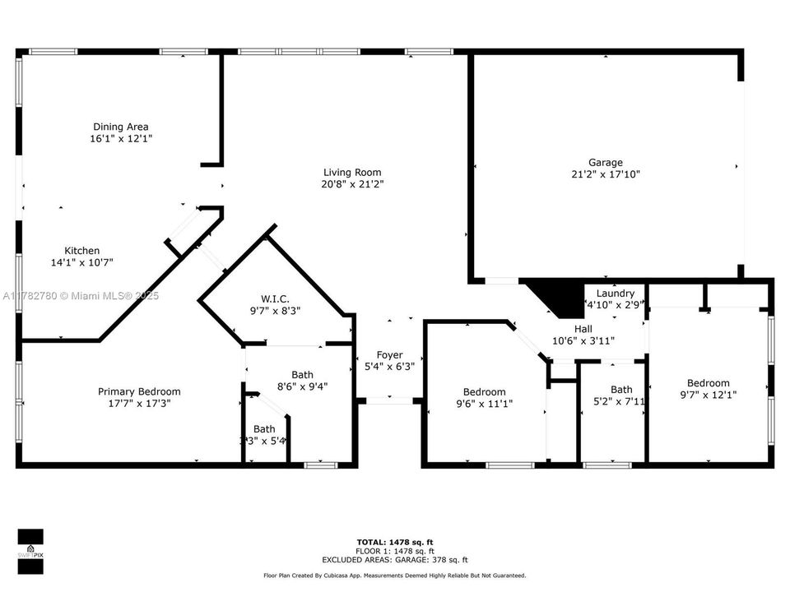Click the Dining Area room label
120,127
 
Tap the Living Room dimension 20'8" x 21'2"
354,184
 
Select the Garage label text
605,162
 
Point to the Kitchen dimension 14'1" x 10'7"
82,263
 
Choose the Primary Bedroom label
139,391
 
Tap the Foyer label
389,355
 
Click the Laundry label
615,294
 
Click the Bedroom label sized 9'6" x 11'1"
484,392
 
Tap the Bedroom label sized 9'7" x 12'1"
708,383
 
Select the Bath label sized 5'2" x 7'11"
621,390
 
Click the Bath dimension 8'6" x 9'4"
302,386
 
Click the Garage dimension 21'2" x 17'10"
605,174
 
